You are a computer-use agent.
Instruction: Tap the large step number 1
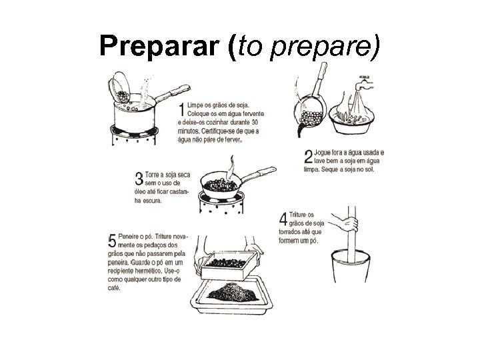[x=181, y=111]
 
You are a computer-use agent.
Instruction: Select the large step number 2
[x=308, y=157]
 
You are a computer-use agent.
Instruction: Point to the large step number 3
[x=139, y=178]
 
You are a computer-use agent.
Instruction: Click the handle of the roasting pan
[x=261, y=175]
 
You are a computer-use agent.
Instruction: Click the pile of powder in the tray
[x=231, y=291]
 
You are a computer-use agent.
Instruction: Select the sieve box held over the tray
[x=223, y=265]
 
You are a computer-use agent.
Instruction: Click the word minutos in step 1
[x=190, y=131]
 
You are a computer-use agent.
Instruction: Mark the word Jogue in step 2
[x=327, y=153]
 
